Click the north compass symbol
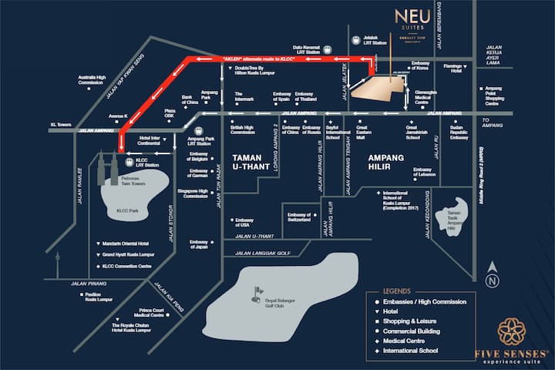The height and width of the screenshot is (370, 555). pos(491,281)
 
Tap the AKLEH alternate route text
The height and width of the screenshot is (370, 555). pos(247,59)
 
